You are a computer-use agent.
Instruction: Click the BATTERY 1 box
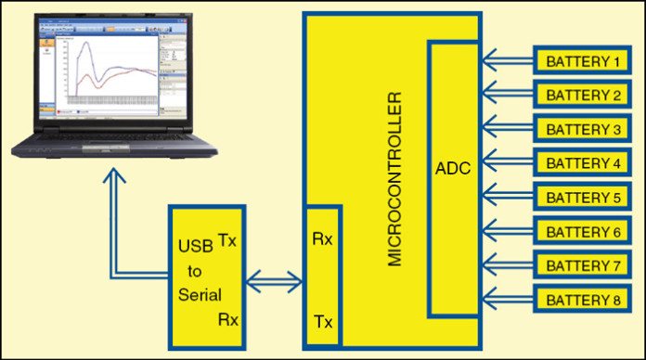click(x=582, y=62)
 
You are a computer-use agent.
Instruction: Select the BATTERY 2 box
click(x=582, y=96)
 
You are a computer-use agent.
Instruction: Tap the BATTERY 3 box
click(x=582, y=129)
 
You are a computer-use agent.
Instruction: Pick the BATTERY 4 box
click(x=582, y=163)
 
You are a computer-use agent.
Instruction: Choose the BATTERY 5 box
click(x=582, y=198)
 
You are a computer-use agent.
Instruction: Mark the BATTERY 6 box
click(x=582, y=231)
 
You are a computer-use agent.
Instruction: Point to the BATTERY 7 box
click(x=582, y=265)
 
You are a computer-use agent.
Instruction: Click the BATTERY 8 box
click(x=582, y=299)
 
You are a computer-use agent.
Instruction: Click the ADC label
click(x=453, y=170)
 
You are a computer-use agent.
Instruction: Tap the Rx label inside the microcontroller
click(x=323, y=239)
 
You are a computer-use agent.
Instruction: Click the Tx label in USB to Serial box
click(x=227, y=239)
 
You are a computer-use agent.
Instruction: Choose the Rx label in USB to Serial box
click(x=227, y=319)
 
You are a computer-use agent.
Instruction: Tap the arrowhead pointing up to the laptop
click(x=114, y=179)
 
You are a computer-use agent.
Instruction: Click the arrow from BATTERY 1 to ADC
click(x=505, y=62)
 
